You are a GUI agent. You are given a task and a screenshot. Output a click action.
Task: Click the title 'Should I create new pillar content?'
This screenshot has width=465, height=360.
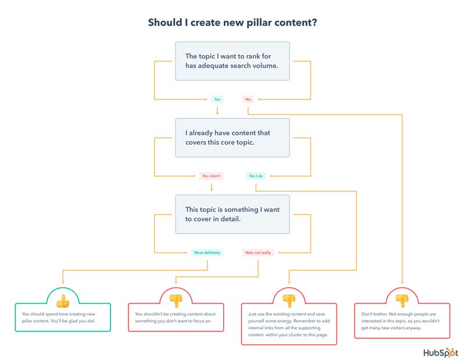coord(233,23)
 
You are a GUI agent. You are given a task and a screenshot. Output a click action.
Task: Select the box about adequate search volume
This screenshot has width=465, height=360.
coord(233,61)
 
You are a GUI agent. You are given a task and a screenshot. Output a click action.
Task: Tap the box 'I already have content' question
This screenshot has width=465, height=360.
coord(233,137)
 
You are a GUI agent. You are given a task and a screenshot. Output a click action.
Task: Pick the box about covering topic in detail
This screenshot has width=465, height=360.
coord(233,213)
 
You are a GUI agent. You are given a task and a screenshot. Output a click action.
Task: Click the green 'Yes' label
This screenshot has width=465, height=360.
coord(217,99)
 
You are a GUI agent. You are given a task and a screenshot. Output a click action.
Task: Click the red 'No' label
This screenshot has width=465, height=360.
coord(248,99)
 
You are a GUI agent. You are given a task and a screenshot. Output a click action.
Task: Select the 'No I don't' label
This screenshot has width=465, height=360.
coord(212,176)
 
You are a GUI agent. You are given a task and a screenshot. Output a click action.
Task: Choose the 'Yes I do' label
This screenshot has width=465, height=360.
coord(256,176)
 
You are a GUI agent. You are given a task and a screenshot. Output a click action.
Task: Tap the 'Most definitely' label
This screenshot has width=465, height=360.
coord(207,252)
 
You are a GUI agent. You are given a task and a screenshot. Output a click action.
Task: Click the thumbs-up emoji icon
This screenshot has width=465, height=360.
coord(62,300)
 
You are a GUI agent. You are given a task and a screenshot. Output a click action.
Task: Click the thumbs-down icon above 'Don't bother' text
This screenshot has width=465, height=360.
coord(402,300)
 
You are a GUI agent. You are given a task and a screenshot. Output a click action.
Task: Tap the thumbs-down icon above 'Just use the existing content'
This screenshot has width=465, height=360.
coord(289,300)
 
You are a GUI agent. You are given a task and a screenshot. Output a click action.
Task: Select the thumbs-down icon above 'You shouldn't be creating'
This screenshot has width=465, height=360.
coord(176,300)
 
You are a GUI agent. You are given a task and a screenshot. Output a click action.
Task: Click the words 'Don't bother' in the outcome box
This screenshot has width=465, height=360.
coord(371,313)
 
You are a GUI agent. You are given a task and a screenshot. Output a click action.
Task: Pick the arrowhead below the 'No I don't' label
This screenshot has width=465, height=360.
coord(212,188)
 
